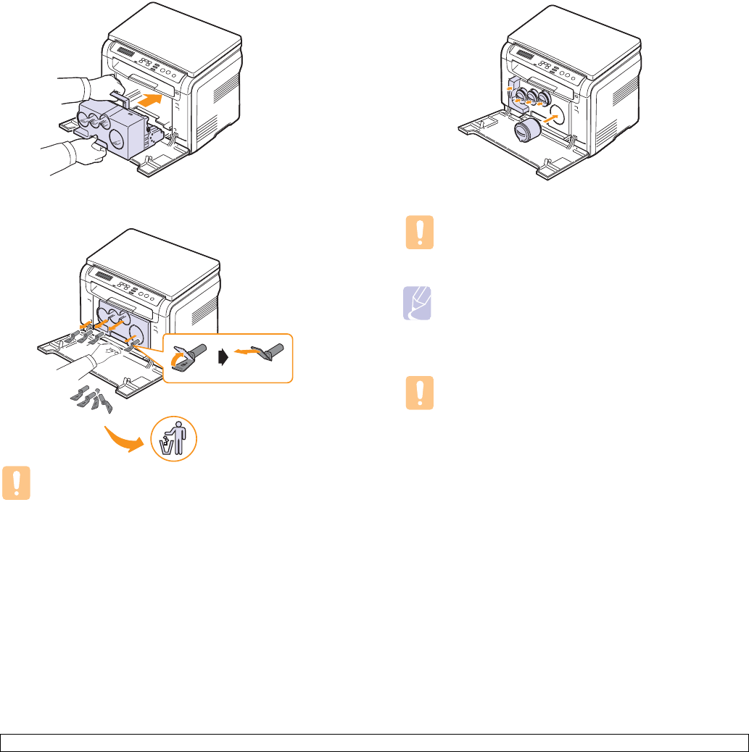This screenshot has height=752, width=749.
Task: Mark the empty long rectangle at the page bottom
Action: (374, 743)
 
